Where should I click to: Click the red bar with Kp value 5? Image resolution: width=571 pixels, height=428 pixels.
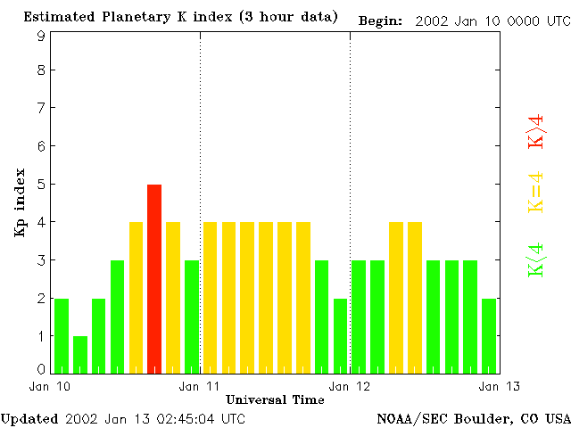point(154,278)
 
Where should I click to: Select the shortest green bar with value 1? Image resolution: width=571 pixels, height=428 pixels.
point(80,354)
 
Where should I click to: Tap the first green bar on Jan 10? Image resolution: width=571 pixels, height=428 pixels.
point(62,335)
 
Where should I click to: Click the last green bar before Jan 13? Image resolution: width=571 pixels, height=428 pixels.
point(489,335)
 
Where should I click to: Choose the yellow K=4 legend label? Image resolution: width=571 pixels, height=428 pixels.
point(536,192)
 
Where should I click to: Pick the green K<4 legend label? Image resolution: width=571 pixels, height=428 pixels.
point(536,259)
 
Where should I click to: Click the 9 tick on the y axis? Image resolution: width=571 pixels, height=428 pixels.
point(41,37)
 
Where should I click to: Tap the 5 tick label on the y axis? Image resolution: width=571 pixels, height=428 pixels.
point(41,185)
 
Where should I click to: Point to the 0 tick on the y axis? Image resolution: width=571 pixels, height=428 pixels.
point(41,369)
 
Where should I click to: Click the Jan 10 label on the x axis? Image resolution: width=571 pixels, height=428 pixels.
point(46,386)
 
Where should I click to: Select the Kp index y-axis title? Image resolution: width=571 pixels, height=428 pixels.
point(19,202)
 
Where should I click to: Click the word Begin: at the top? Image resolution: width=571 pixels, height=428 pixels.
point(381,20)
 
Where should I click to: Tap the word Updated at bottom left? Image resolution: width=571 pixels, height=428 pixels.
point(29,418)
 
